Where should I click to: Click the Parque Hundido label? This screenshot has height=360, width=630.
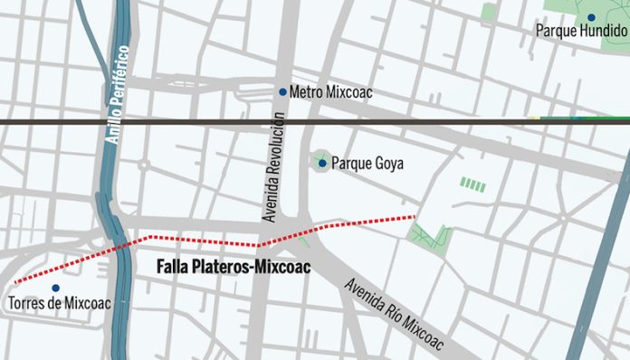pyautogui.click(x=581, y=31)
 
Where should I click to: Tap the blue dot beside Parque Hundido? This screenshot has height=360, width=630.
pyautogui.click(x=590, y=16)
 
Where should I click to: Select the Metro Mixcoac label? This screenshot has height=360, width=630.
pyautogui.click(x=330, y=92)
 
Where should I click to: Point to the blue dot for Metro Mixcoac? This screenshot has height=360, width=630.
pyautogui.click(x=282, y=91)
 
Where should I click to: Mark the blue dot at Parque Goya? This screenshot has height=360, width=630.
pyautogui.click(x=322, y=163)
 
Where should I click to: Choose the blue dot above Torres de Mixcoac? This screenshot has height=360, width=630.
pyautogui.click(x=55, y=288)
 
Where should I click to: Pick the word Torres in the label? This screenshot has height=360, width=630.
pyautogui.click(x=32, y=304)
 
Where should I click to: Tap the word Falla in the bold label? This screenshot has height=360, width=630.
pyautogui.click(x=173, y=267)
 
